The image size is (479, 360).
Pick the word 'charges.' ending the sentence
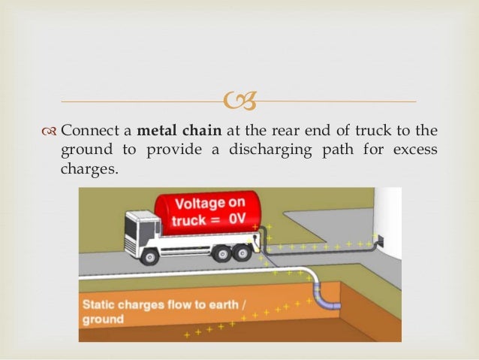[89, 168]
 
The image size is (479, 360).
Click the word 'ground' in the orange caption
[104, 319]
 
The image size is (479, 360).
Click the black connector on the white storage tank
[380, 241]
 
